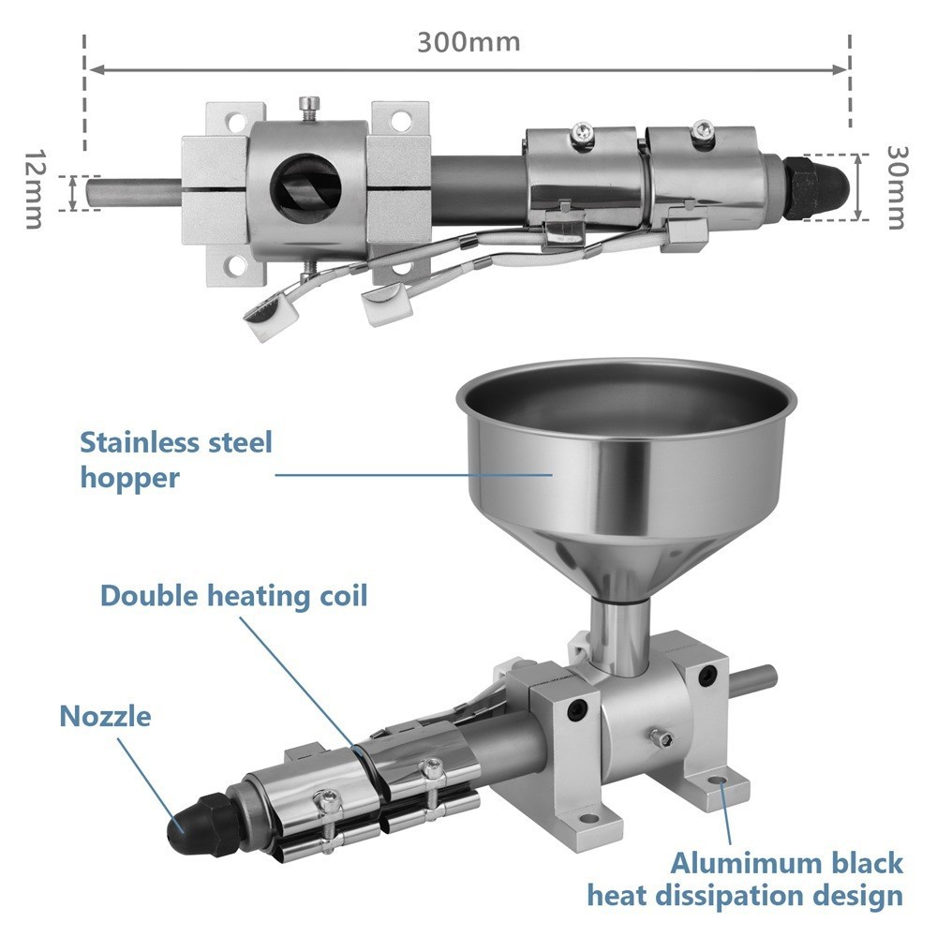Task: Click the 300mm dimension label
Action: point(468,43)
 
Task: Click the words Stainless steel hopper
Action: point(176,459)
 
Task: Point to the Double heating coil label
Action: point(233,596)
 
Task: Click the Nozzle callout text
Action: point(105,717)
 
